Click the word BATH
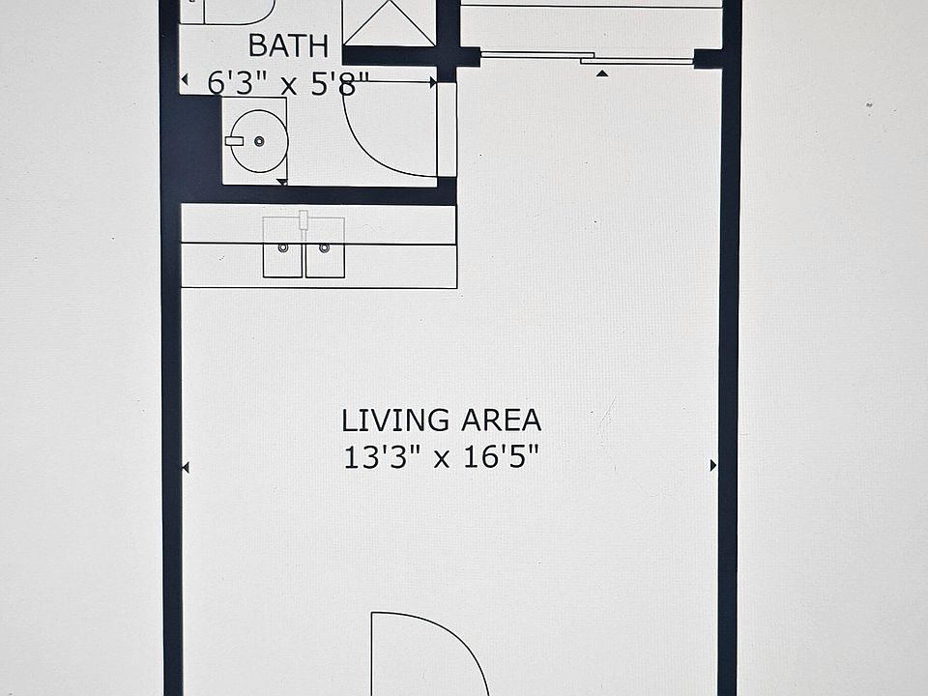(x=288, y=45)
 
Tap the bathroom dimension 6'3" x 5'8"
(x=288, y=84)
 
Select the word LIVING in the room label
(x=395, y=420)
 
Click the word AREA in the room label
(x=500, y=420)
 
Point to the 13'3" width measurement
(x=381, y=456)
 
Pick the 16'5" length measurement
(x=500, y=456)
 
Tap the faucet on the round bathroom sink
(x=235, y=141)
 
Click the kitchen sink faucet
(x=304, y=222)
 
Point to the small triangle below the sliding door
(x=602, y=72)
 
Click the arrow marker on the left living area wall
(x=186, y=468)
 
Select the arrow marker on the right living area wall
(x=713, y=465)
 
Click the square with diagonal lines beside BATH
(x=389, y=23)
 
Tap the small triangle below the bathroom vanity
(x=281, y=181)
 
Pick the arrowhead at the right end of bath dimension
(x=433, y=84)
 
